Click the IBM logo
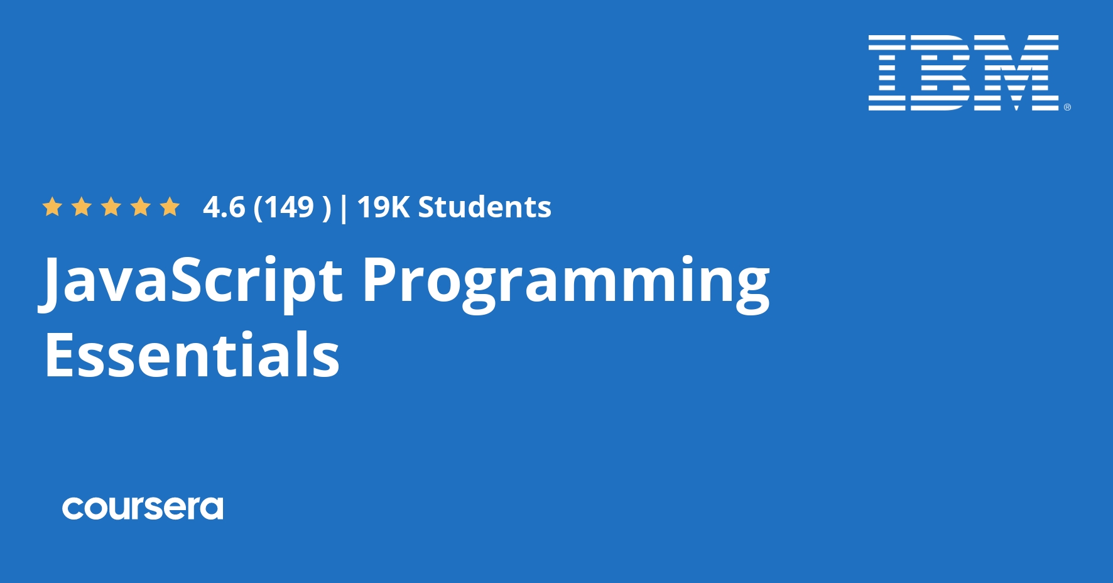(x=964, y=73)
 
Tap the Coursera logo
(x=143, y=508)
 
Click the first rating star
(x=52, y=207)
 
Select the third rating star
(x=111, y=207)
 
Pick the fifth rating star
(x=170, y=207)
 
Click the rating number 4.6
(x=224, y=207)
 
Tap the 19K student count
(x=383, y=207)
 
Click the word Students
(x=485, y=207)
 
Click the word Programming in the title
(x=565, y=281)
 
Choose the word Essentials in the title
(x=192, y=355)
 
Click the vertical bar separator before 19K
(x=343, y=208)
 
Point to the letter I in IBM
(x=887, y=73)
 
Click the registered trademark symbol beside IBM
(x=1067, y=107)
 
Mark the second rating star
(x=82, y=207)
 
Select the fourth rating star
(x=141, y=207)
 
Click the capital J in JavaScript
(x=53, y=281)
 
